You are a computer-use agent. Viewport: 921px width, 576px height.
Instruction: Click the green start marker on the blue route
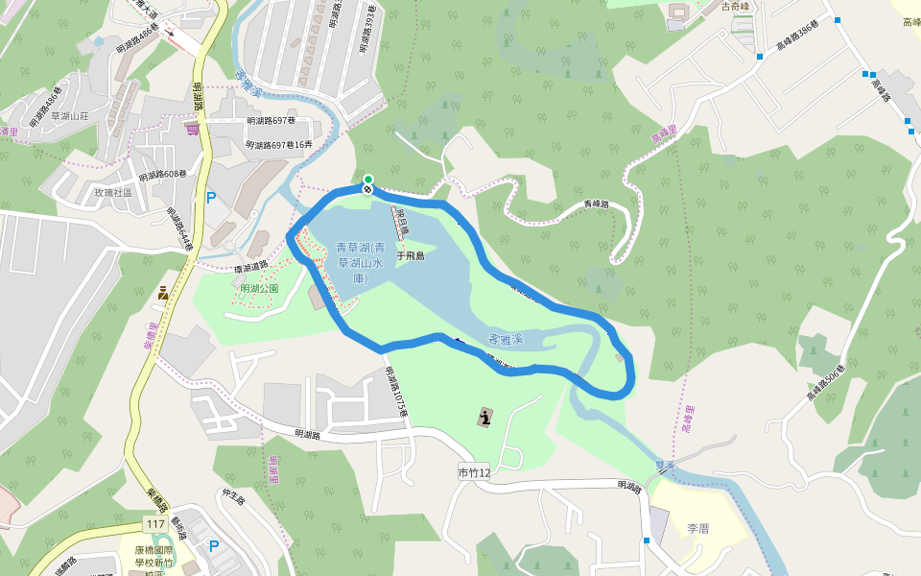[367, 179]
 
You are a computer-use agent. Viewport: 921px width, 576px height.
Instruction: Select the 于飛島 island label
[410, 256]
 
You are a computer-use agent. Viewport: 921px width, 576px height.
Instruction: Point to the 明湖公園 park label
[259, 288]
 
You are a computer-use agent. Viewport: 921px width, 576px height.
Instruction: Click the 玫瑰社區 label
[112, 192]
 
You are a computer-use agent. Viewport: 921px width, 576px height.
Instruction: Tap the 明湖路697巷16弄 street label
[279, 145]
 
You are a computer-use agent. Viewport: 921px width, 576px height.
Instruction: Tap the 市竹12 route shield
[474, 472]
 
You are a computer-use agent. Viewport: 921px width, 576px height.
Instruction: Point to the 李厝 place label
[697, 528]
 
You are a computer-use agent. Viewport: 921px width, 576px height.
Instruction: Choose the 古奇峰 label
[739, 8]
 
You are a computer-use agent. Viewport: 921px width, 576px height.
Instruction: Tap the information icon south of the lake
[486, 417]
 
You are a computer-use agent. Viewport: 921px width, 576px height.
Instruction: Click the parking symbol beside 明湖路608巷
[211, 198]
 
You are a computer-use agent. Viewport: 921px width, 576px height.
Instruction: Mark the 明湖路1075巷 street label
[396, 392]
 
